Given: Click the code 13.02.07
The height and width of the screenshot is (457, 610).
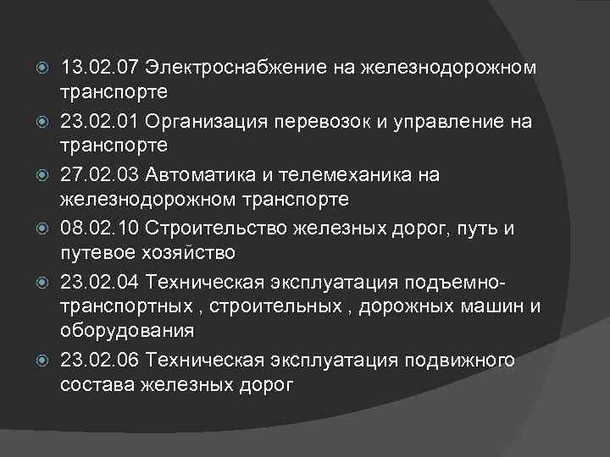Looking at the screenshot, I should tap(99, 67).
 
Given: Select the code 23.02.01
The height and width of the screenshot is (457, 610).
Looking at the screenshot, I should tap(99, 122).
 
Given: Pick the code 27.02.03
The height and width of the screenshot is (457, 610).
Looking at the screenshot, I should tap(99, 176).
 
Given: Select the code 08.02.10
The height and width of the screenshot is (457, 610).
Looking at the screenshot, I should tap(99, 230).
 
